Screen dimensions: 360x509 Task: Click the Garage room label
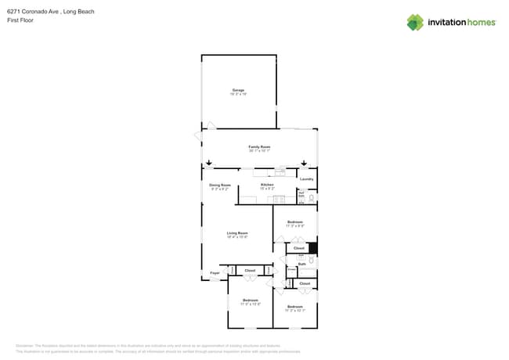[x=237, y=90]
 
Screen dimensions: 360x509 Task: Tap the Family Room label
[x=259, y=147]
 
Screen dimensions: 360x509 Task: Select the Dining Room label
[x=219, y=185]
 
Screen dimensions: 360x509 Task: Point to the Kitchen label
[x=267, y=185]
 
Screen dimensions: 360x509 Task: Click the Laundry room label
[x=306, y=179]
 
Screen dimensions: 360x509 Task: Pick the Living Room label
[x=237, y=232]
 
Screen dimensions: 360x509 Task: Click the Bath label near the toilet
[x=301, y=265]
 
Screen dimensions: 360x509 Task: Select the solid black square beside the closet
[x=312, y=249]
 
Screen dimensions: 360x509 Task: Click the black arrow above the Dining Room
[x=209, y=164]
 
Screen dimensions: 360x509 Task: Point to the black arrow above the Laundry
[x=304, y=164]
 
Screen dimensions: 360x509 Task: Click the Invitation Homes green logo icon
[x=415, y=22]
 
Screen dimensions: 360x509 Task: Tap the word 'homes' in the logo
[x=480, y=23]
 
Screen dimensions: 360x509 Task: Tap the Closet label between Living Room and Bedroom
[x=250, y=270]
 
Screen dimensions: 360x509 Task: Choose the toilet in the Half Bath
[x=311, y=198]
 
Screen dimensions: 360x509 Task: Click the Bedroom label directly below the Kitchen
[x=294, y=222]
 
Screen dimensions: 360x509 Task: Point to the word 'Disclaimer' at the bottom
[x=24, y=345]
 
